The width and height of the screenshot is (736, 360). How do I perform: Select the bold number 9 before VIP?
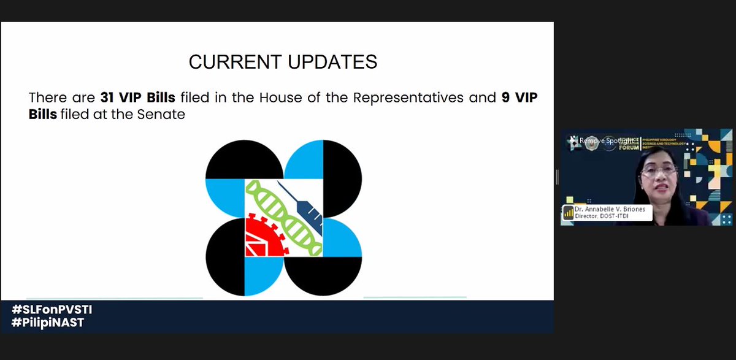pos(506,98)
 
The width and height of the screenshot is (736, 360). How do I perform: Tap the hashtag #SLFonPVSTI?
pos(52,310)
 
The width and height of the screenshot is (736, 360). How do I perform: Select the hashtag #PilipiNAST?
pos(47,323)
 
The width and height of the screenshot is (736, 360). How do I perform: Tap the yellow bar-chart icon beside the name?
pos(568,213)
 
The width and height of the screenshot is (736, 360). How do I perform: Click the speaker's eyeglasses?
pos(658,170)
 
